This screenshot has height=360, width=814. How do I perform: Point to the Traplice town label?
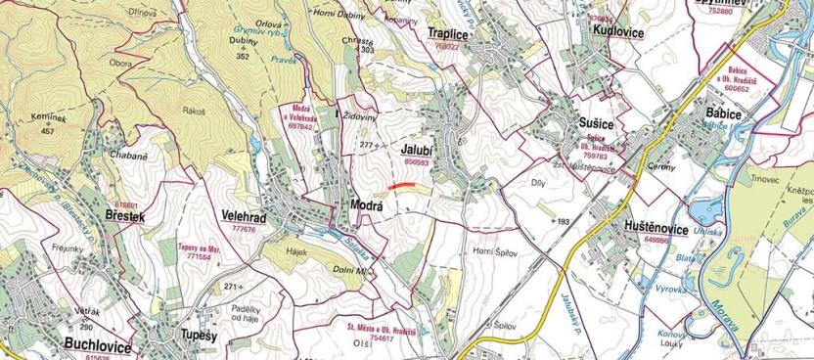click(448, 34)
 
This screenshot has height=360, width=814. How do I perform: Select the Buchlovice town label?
click(96, 344)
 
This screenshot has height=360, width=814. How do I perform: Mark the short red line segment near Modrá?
click(400, 184)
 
